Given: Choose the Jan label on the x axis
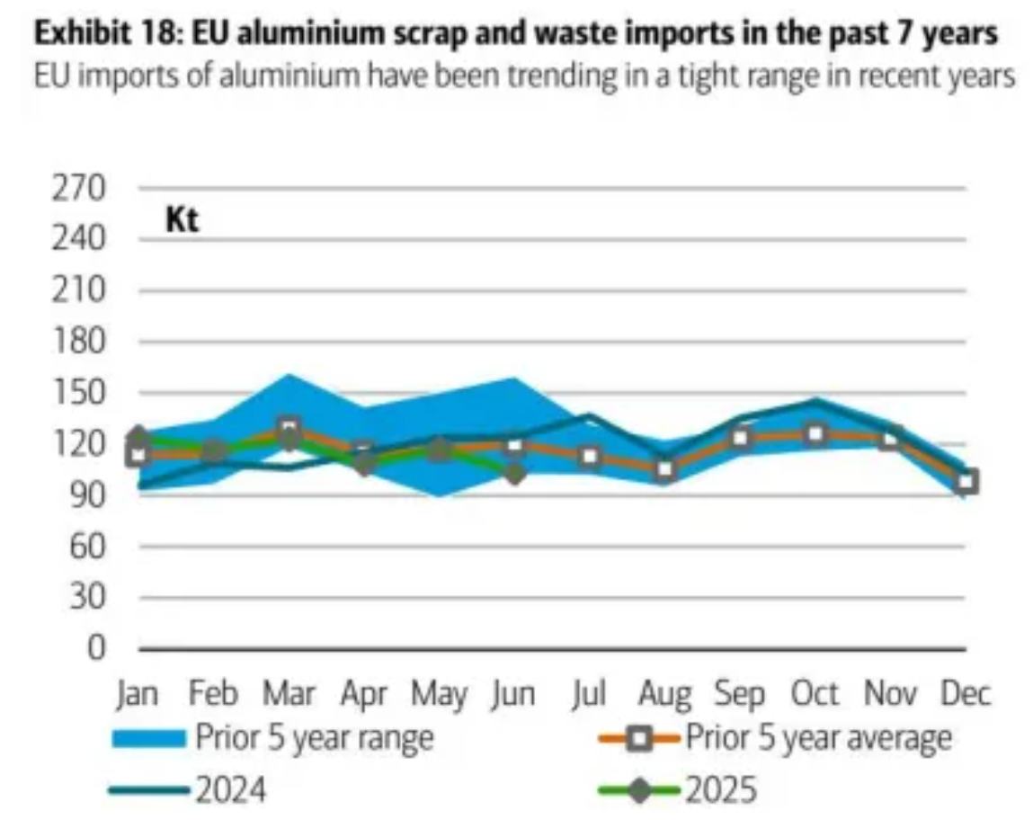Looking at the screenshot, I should coord(138,695).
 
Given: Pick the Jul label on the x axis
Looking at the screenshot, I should coord(590,695).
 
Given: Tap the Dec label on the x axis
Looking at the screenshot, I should coord(965,695).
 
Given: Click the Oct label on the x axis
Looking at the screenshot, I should coord(815,695).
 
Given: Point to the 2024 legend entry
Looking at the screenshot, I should coord(230,791).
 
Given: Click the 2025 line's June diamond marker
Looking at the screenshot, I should coord(514,474).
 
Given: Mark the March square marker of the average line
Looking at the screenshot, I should coord(289,429).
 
